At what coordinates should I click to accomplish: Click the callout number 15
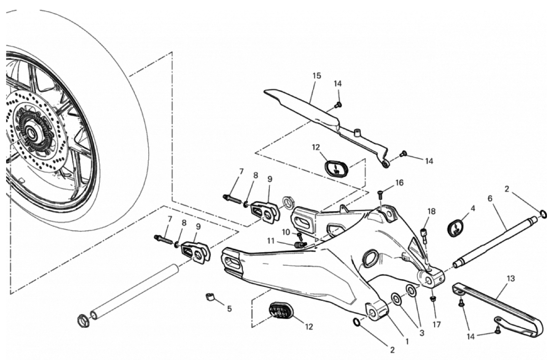[x=317, y=76]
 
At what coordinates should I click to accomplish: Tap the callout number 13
[x=511, y=278]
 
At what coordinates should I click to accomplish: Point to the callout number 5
[x=229, y=308]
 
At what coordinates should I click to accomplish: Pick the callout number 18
[x=431, y=211]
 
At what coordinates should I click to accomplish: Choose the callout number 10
[x=286, y=232]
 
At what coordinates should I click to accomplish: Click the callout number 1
[x=407, y=341]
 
